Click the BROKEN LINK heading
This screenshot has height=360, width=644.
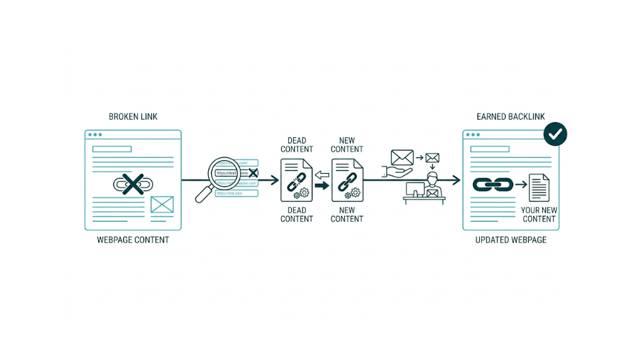coord(133,116)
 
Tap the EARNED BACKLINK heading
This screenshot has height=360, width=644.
coord(511,116)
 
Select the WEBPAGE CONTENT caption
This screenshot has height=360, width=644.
coord(133,240)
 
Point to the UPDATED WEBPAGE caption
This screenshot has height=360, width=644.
coord(511,240)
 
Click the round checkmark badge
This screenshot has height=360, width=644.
coord(555,133)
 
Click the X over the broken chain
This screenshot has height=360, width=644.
coord(133,184)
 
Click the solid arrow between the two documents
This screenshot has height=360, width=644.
coord(322,186)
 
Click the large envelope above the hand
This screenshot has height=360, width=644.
coord(402,157)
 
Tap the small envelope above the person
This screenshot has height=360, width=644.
coord(432,158)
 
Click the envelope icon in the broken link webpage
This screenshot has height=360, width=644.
coord(162,204)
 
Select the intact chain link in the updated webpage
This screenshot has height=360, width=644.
coord(490,184)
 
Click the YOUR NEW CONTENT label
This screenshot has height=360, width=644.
coord(539,215)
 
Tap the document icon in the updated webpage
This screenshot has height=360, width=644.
coord(538,188)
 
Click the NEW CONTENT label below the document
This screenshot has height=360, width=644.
coord(347,215)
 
